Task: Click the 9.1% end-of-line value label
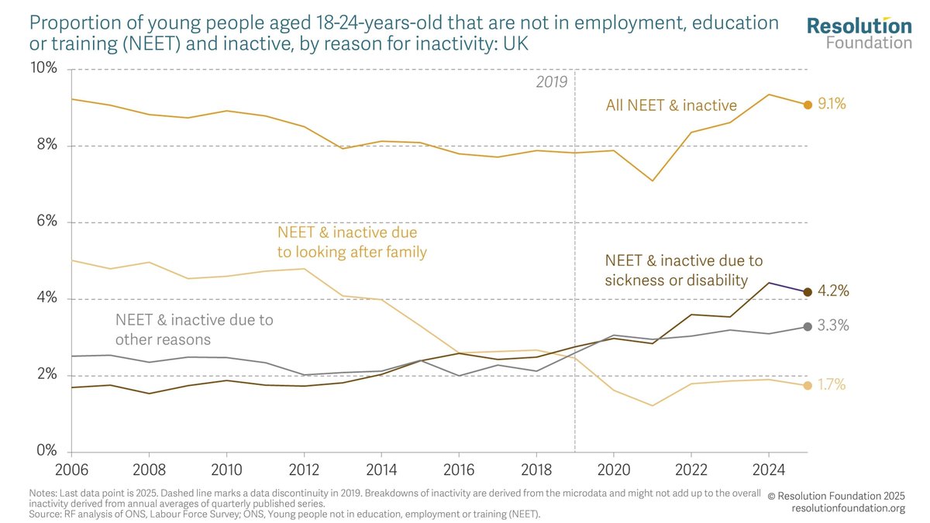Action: click(x=832, y=104)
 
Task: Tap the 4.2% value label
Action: click(x=833, y=291)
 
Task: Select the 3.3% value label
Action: click(x=833, y=326)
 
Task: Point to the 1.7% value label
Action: click(x=832, y=385)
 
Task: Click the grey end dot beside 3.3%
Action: click(x=808, y=327)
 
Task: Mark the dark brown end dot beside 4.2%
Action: click(x=808, y=292)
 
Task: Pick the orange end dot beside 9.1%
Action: click(x=808, y=105)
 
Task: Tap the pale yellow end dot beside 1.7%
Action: click(x=808, y=386)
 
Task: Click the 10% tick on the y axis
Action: click(x=43, y=67)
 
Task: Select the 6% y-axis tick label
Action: click(x=47, y=221)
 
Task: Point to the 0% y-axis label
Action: click(x=47, y=450)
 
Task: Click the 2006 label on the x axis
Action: click(x=71, y=470)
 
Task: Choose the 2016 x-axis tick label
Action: click(x=459, y=470)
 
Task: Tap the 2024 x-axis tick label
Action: click(x=769, y=470)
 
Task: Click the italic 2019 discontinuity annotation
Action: click(x=551, y=82)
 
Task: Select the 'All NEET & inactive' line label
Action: click(x=671, y=105)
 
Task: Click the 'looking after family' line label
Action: click(x=352, y=242)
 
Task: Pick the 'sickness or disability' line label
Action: click(x=684, y=270)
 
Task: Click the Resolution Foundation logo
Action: click(x=859, y=33)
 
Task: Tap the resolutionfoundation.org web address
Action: click(x=848, y=508)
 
